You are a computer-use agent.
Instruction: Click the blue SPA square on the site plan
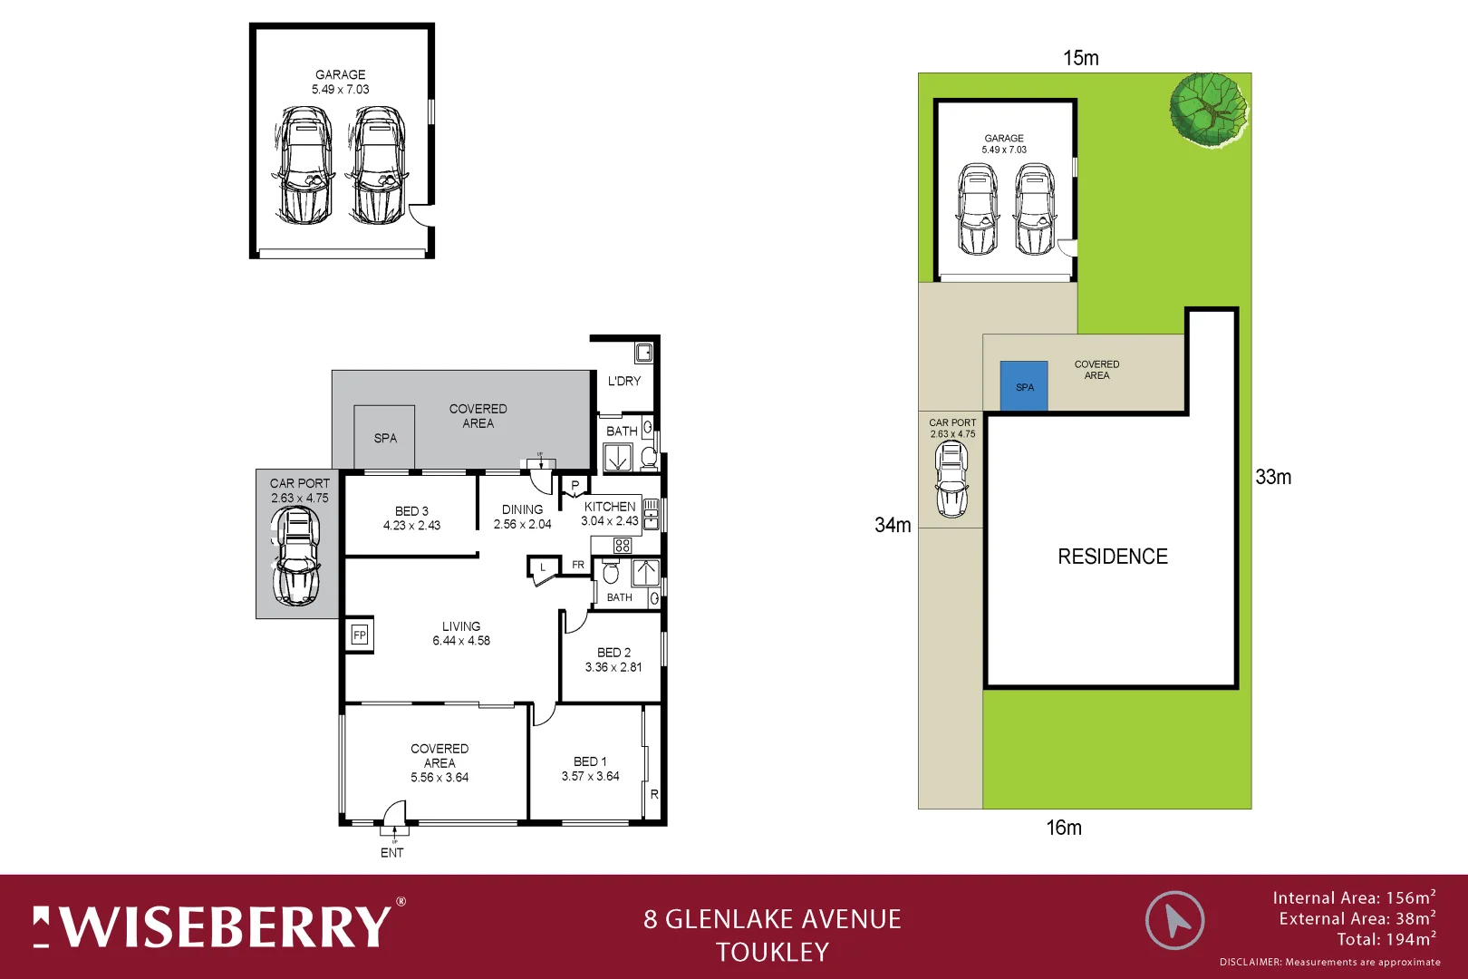[x=1024, y=386]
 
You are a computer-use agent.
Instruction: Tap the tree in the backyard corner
[x=1207, y=110]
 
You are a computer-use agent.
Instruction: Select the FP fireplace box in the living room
[x=359, y=635]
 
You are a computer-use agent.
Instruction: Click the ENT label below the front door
[x=391, y=853]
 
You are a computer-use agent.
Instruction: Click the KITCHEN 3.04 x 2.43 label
[x=610, y=513]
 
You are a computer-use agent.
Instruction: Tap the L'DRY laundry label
[x=623, y=381]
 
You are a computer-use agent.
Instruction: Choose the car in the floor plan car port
[x=296, y=556]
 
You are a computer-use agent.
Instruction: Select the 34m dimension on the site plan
[x=893, y=525]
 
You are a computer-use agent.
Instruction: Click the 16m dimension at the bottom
[x=1064, y=828]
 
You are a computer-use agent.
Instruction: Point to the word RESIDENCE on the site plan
[x=1113, y=557]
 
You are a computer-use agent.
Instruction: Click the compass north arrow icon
[x=1174, y=920]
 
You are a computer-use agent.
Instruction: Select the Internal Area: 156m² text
[x=1353, y=897]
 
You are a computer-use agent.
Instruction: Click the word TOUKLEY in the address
[x=772, y=952]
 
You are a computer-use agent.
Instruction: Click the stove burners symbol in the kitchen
[x=622, y=546]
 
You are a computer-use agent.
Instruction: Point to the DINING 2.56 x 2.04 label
[x=522, y=517]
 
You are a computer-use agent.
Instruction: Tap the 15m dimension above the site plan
[x=1080, y=58]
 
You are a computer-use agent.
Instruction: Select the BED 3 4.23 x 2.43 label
[x=411, y=518]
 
